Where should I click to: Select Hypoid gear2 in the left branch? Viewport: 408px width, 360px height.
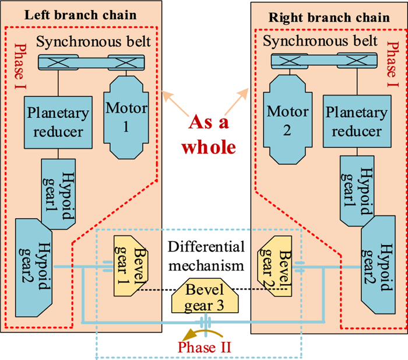[x=34, y=257]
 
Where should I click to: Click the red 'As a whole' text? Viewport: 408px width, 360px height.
[x=206, y=135]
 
